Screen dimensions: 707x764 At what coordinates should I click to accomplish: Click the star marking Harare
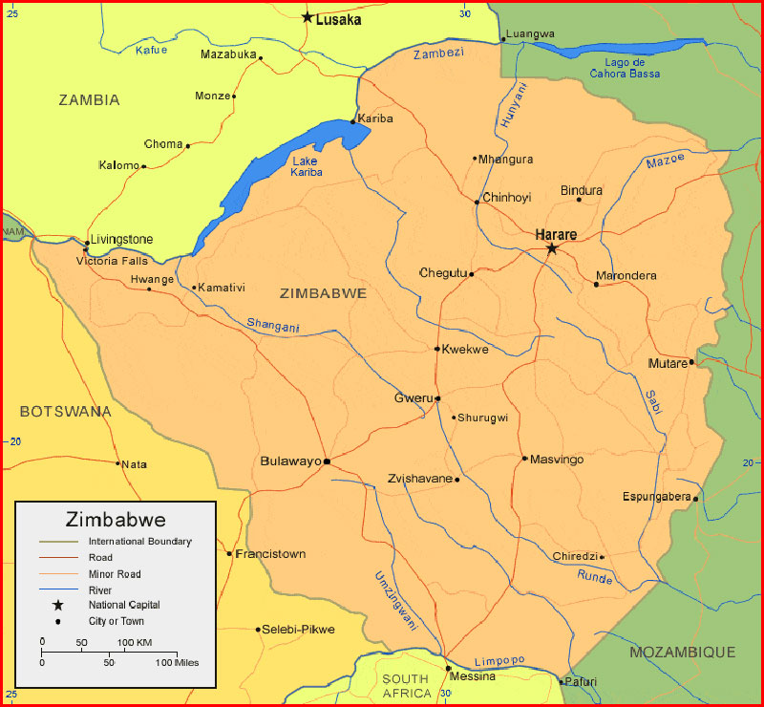click(552, 248)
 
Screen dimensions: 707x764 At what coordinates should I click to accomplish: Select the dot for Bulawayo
click(327, 461)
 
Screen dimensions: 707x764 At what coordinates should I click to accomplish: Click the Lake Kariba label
click(307, 166)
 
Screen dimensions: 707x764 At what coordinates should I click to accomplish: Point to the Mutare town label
click(668, 363)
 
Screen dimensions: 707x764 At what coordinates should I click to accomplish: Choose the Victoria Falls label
click(112, 261)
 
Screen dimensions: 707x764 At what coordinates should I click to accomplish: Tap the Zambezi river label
click(438, 54)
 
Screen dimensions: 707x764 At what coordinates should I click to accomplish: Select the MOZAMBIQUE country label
click(682, 653)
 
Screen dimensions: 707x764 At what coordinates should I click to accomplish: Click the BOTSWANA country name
click(65, 412)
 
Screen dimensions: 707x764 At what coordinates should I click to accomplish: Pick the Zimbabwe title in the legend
click(116, 520)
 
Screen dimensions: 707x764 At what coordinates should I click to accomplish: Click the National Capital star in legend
click(58, 606)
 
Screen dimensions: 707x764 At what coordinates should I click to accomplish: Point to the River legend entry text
click(100, 590)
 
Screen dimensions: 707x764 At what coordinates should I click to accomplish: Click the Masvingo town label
click(557, 460)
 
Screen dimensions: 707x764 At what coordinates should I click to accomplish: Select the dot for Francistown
click(229, 554)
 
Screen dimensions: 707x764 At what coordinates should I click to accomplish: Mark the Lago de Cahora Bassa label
click(626, 68)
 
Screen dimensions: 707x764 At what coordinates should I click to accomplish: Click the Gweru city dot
click(437, 398)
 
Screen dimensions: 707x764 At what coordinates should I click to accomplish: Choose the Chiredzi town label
click(575, 557)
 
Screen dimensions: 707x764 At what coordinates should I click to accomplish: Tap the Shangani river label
click(273, 326)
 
